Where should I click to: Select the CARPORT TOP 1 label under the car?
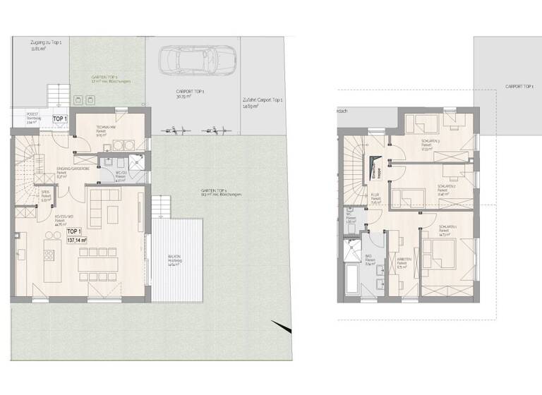tap(188, 94)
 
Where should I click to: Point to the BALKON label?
tap(174, 257)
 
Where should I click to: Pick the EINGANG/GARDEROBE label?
tap(71, 171)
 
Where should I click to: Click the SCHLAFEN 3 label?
tap(431, 142)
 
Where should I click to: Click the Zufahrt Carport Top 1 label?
tap(261, 102)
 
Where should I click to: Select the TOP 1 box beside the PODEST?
tap(59, 119)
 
